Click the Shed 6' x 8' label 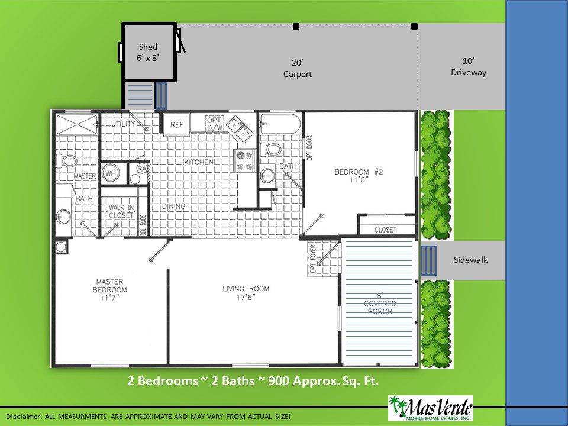(148, 52)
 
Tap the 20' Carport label (298, 69)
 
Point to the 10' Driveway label (469, 67)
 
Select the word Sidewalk (470, 260)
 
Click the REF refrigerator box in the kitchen (176, 125)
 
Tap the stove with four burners (244, 160)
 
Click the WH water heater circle (111, 173)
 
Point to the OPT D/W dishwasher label (215, 124)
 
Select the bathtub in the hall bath (280, 124)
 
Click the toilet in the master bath (67, 160)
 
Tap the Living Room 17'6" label (246, 293)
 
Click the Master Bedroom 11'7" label (110, 289)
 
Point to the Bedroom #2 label (359, 172)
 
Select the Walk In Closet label (121, 212)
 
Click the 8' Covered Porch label (380, 304)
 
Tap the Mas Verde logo (431, 408)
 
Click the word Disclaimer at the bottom (23, 417)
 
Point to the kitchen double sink (240, 128)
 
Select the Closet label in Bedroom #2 (385, 230)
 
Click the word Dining (173, 206)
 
